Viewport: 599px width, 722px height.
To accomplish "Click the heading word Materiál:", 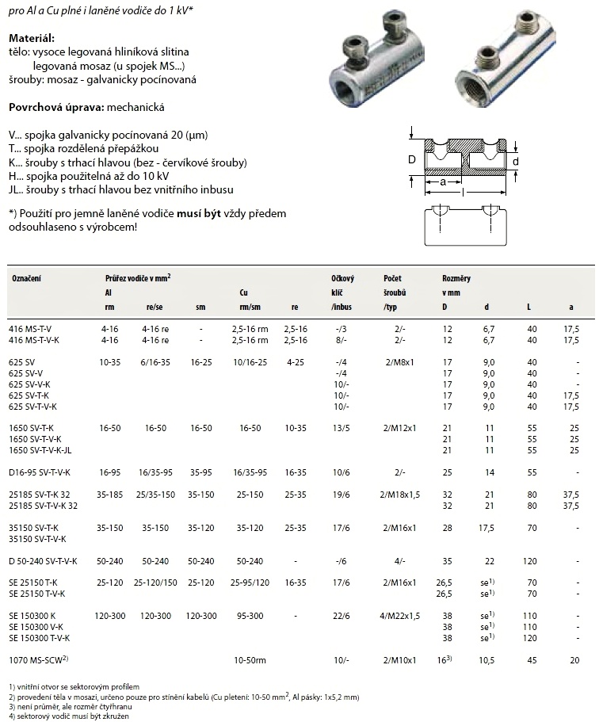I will tap(31, 38).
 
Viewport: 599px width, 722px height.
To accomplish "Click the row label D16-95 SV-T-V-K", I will tap(39, 472).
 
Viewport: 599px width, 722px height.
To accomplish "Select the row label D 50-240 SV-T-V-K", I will tap(43, 561).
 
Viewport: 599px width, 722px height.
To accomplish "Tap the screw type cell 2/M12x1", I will tap(400, 428).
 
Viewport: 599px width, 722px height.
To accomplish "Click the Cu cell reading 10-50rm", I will tap(248, 659).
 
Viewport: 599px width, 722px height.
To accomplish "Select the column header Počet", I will tap(392, 278).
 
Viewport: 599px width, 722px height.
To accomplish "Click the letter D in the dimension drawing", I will tap(411, 159).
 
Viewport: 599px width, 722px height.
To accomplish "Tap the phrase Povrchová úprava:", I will tap(55, 106).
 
